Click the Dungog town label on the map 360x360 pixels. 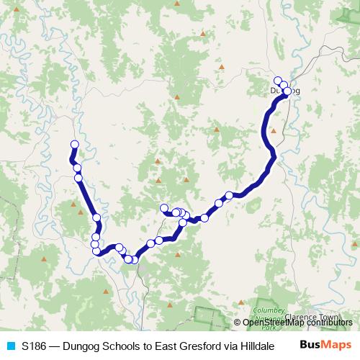[284, 90]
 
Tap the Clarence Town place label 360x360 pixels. [312, 315]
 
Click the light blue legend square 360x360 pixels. [10, 346]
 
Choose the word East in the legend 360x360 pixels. [153, 346]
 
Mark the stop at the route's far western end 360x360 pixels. [73, 144]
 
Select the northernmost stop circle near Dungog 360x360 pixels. [278, 80]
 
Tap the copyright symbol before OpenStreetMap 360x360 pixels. [238, 323]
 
